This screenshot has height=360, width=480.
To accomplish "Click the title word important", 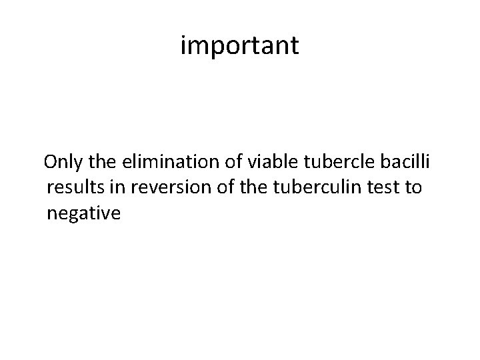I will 240,46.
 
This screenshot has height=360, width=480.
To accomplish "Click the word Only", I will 64,162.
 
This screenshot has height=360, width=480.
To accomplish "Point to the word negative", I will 84,213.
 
